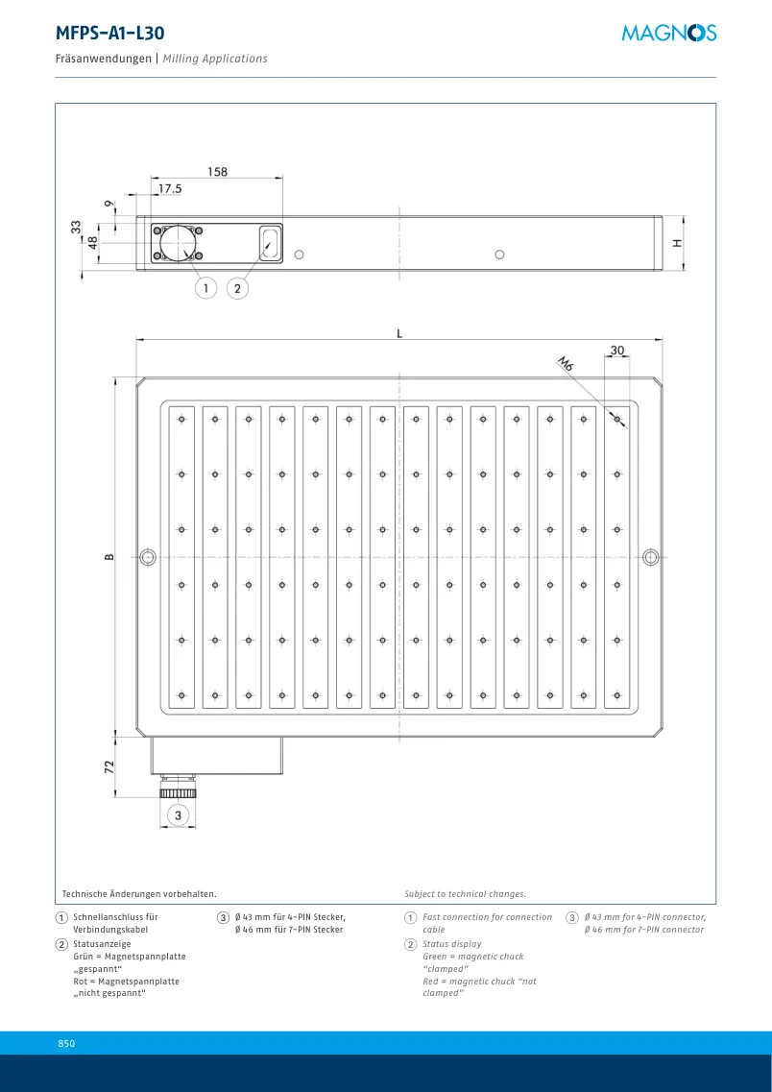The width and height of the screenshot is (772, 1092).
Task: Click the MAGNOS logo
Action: (668, 33)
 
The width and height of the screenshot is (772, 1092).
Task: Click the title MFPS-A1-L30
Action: (110, 33)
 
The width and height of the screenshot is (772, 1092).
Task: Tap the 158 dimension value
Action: (217, 171)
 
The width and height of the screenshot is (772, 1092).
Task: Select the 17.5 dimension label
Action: (170, 189)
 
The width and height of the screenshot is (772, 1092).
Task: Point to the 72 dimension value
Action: (109, 766)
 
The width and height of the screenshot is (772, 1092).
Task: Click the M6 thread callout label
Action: (566, 363)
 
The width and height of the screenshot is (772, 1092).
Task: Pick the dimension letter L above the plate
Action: (398, 333)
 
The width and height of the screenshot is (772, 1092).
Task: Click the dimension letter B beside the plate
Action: (109, 557)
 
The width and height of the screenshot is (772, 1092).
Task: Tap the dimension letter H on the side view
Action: (677, 242)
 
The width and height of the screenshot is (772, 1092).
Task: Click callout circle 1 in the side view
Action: (206, 287)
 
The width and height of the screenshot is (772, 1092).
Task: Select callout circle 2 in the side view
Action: (238, 287)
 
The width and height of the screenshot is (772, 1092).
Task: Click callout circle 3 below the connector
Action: (179, 814)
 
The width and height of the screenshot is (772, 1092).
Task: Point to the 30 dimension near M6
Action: (616, 351)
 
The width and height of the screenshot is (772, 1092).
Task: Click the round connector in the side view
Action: (178, 243)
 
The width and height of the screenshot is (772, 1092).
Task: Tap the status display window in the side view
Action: (270, 243)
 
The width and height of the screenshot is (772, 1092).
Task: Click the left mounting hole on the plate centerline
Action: (148, 557)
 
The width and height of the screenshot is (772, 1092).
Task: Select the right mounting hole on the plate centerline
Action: (651, 557)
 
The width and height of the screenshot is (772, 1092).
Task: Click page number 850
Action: (67, 1043)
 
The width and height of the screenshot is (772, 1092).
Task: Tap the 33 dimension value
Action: (76, 227)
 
